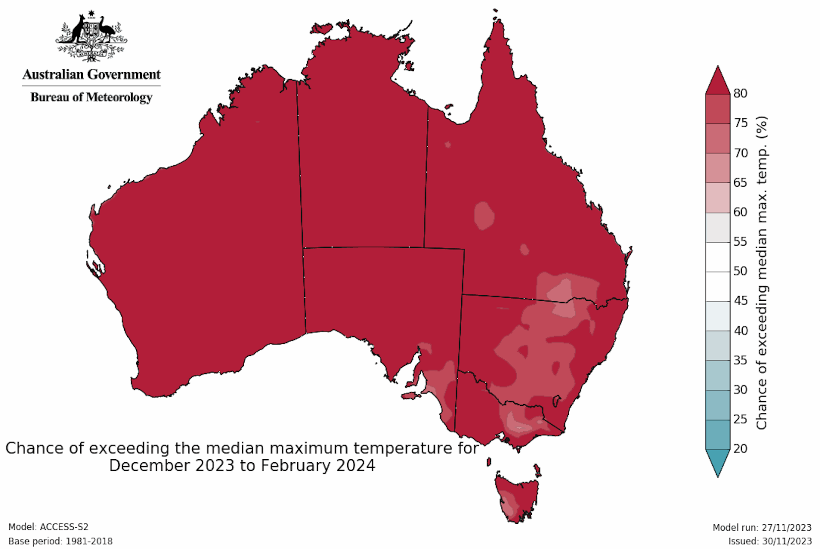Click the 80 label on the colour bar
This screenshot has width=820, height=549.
[x=740, y=93]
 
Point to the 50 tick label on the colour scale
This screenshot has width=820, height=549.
[x=740, y=271]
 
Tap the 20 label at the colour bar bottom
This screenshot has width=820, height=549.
[x=740, y=449]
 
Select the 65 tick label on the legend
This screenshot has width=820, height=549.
[x=740, y=182]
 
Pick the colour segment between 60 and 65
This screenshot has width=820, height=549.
[x=717, y=197]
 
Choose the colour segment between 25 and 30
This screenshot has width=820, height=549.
[x=717, y=405]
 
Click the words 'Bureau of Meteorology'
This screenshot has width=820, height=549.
[x=91, y=97]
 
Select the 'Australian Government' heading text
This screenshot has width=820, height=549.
[x=91, y=74]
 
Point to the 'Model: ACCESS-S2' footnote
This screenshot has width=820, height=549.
[x=48, y=527]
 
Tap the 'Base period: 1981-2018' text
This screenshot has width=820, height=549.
[x=60, y=541]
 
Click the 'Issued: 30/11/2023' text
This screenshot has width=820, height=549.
[x=770, y=541]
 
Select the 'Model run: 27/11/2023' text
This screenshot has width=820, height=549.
[x=761, y=528]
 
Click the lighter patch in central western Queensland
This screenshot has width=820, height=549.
[x=483, y=216]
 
